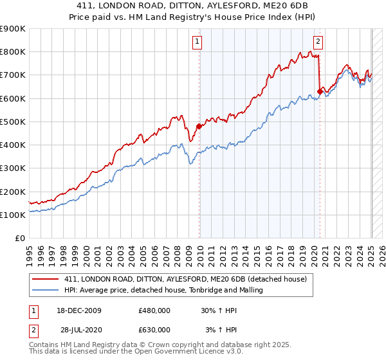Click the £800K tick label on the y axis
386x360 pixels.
pos(13,52)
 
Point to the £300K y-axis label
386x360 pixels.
pos(13,168)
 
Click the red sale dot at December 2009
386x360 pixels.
pos(199,126)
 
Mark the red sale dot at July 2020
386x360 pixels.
pos(320,91)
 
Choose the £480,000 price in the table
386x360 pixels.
pos(154,310)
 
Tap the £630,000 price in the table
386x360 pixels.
pos(154,329)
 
